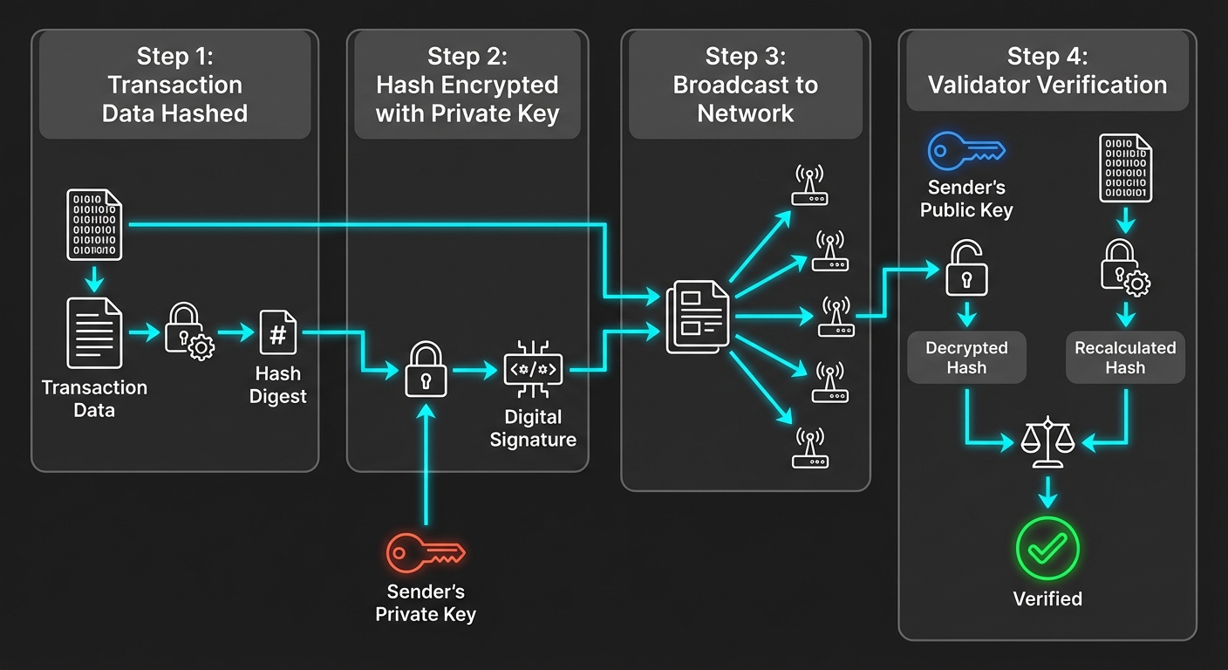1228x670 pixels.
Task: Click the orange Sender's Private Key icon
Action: pos(425,553)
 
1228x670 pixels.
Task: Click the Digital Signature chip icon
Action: pos(533,370)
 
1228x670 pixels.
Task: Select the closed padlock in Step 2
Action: pos(426,370)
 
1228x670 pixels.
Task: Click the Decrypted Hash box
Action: pos(966,358)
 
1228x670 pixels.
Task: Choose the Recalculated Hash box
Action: pos(1125,358)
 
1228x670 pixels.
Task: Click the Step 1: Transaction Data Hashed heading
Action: pos(174,85)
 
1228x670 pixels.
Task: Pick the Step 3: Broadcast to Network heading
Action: pos(745,85)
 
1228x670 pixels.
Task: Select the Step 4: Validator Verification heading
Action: pos(1047,72)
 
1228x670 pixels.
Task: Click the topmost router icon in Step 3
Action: pos(809,185)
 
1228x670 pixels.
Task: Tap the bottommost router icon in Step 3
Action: pos(809,448)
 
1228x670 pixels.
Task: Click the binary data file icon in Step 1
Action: pos(94,225)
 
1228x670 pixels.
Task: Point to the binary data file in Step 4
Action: pos(1125,168)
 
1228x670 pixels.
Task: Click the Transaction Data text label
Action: pos(94,399)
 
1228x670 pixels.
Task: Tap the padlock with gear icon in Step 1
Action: pos(189,332)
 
